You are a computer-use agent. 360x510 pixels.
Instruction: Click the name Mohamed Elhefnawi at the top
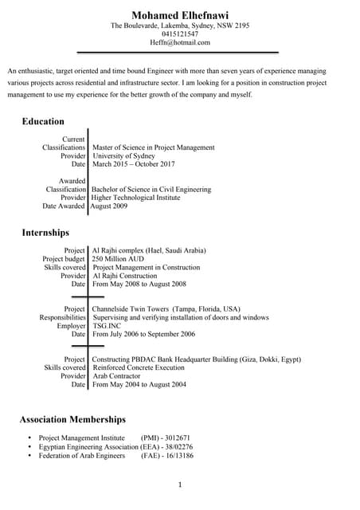(180, 15)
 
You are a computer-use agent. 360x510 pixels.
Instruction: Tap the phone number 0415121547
(180, 34)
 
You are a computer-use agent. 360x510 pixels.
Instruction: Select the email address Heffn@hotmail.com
(180, 43)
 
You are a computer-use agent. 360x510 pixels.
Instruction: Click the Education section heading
(43, 121)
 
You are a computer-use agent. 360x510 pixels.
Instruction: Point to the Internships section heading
(45, 233)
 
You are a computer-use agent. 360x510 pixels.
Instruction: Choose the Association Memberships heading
(72, 419)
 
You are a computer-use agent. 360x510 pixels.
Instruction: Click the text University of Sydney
(123, 156)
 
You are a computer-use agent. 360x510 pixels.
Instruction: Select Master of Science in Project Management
(153, 147)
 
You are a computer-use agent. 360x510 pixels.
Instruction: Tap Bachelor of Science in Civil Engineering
(151, 190)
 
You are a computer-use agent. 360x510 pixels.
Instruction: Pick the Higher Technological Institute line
(135, 198)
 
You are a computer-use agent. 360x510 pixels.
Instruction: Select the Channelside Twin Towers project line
(166, 308)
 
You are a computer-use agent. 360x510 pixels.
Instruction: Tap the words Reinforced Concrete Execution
(138, 367)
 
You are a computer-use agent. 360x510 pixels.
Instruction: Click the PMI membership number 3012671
(177, 438)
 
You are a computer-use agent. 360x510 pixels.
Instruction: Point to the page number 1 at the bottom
(180, 484)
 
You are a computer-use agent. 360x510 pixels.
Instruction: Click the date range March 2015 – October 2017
(133, 164)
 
